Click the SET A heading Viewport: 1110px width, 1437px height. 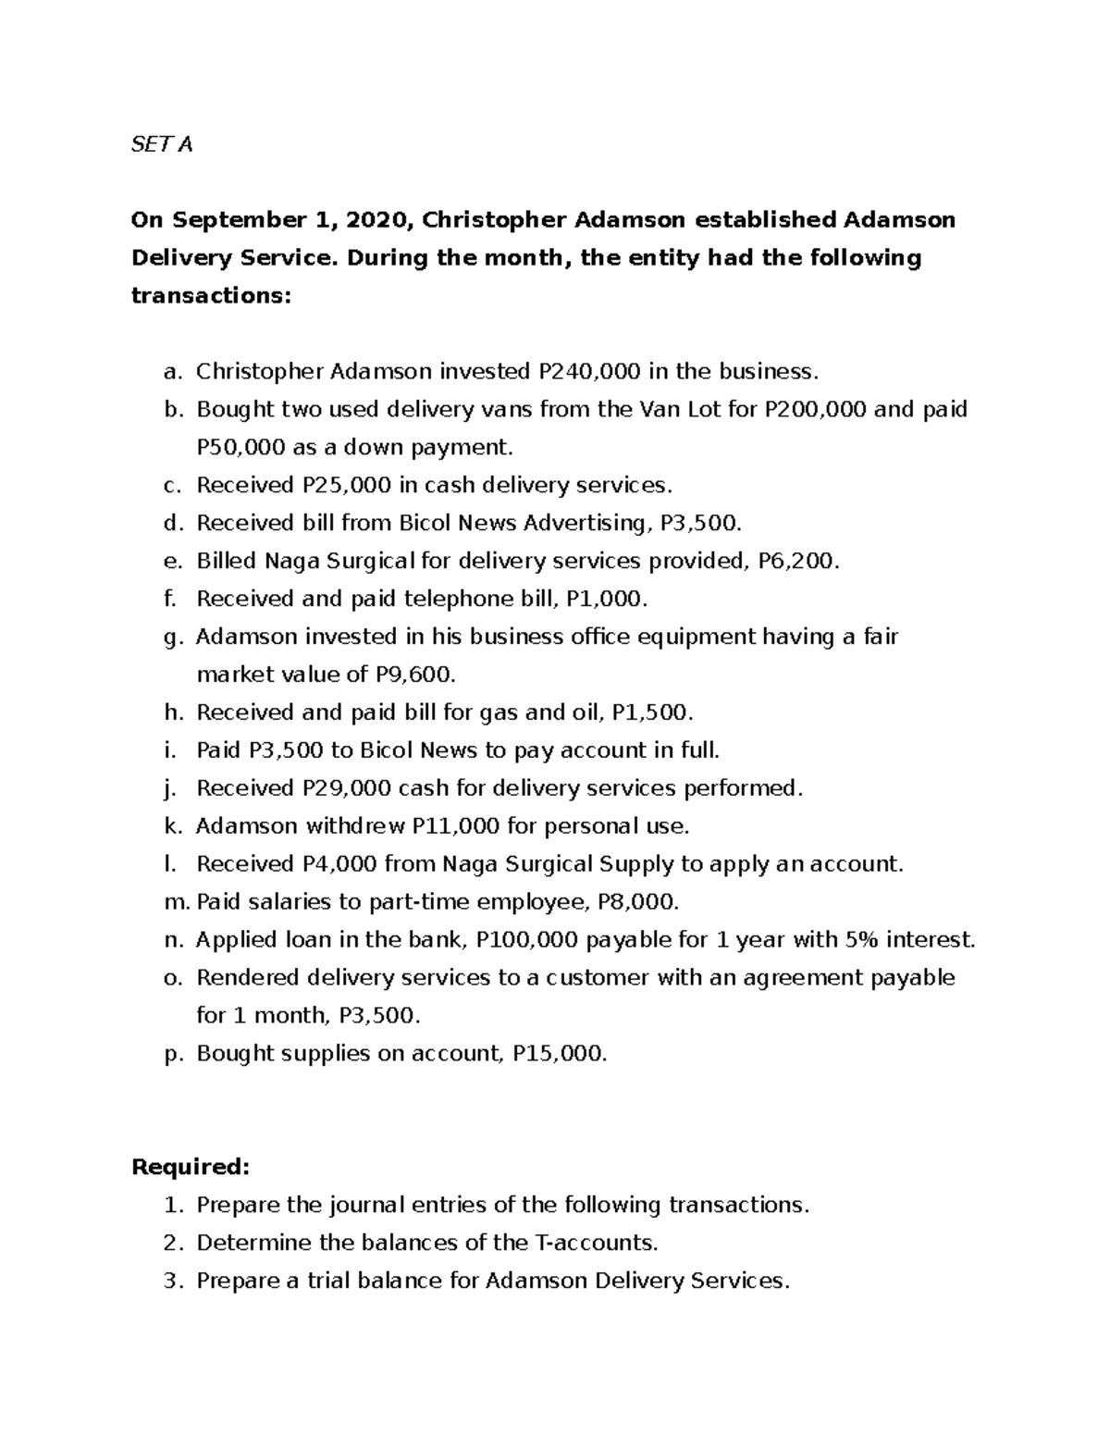pos(162,144)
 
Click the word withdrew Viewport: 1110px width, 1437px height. pos(355,826)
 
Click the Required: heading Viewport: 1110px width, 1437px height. pos(191,1167)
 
